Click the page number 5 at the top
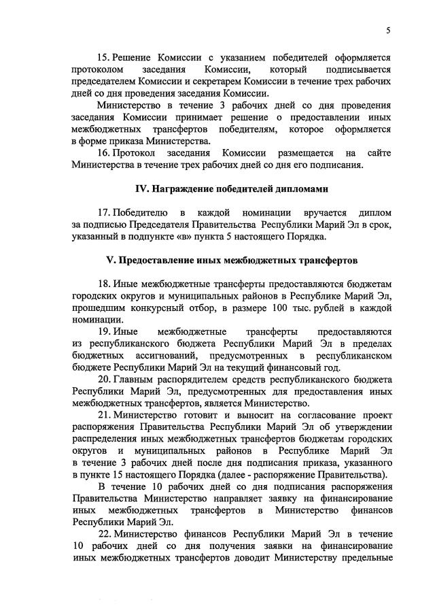388,30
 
